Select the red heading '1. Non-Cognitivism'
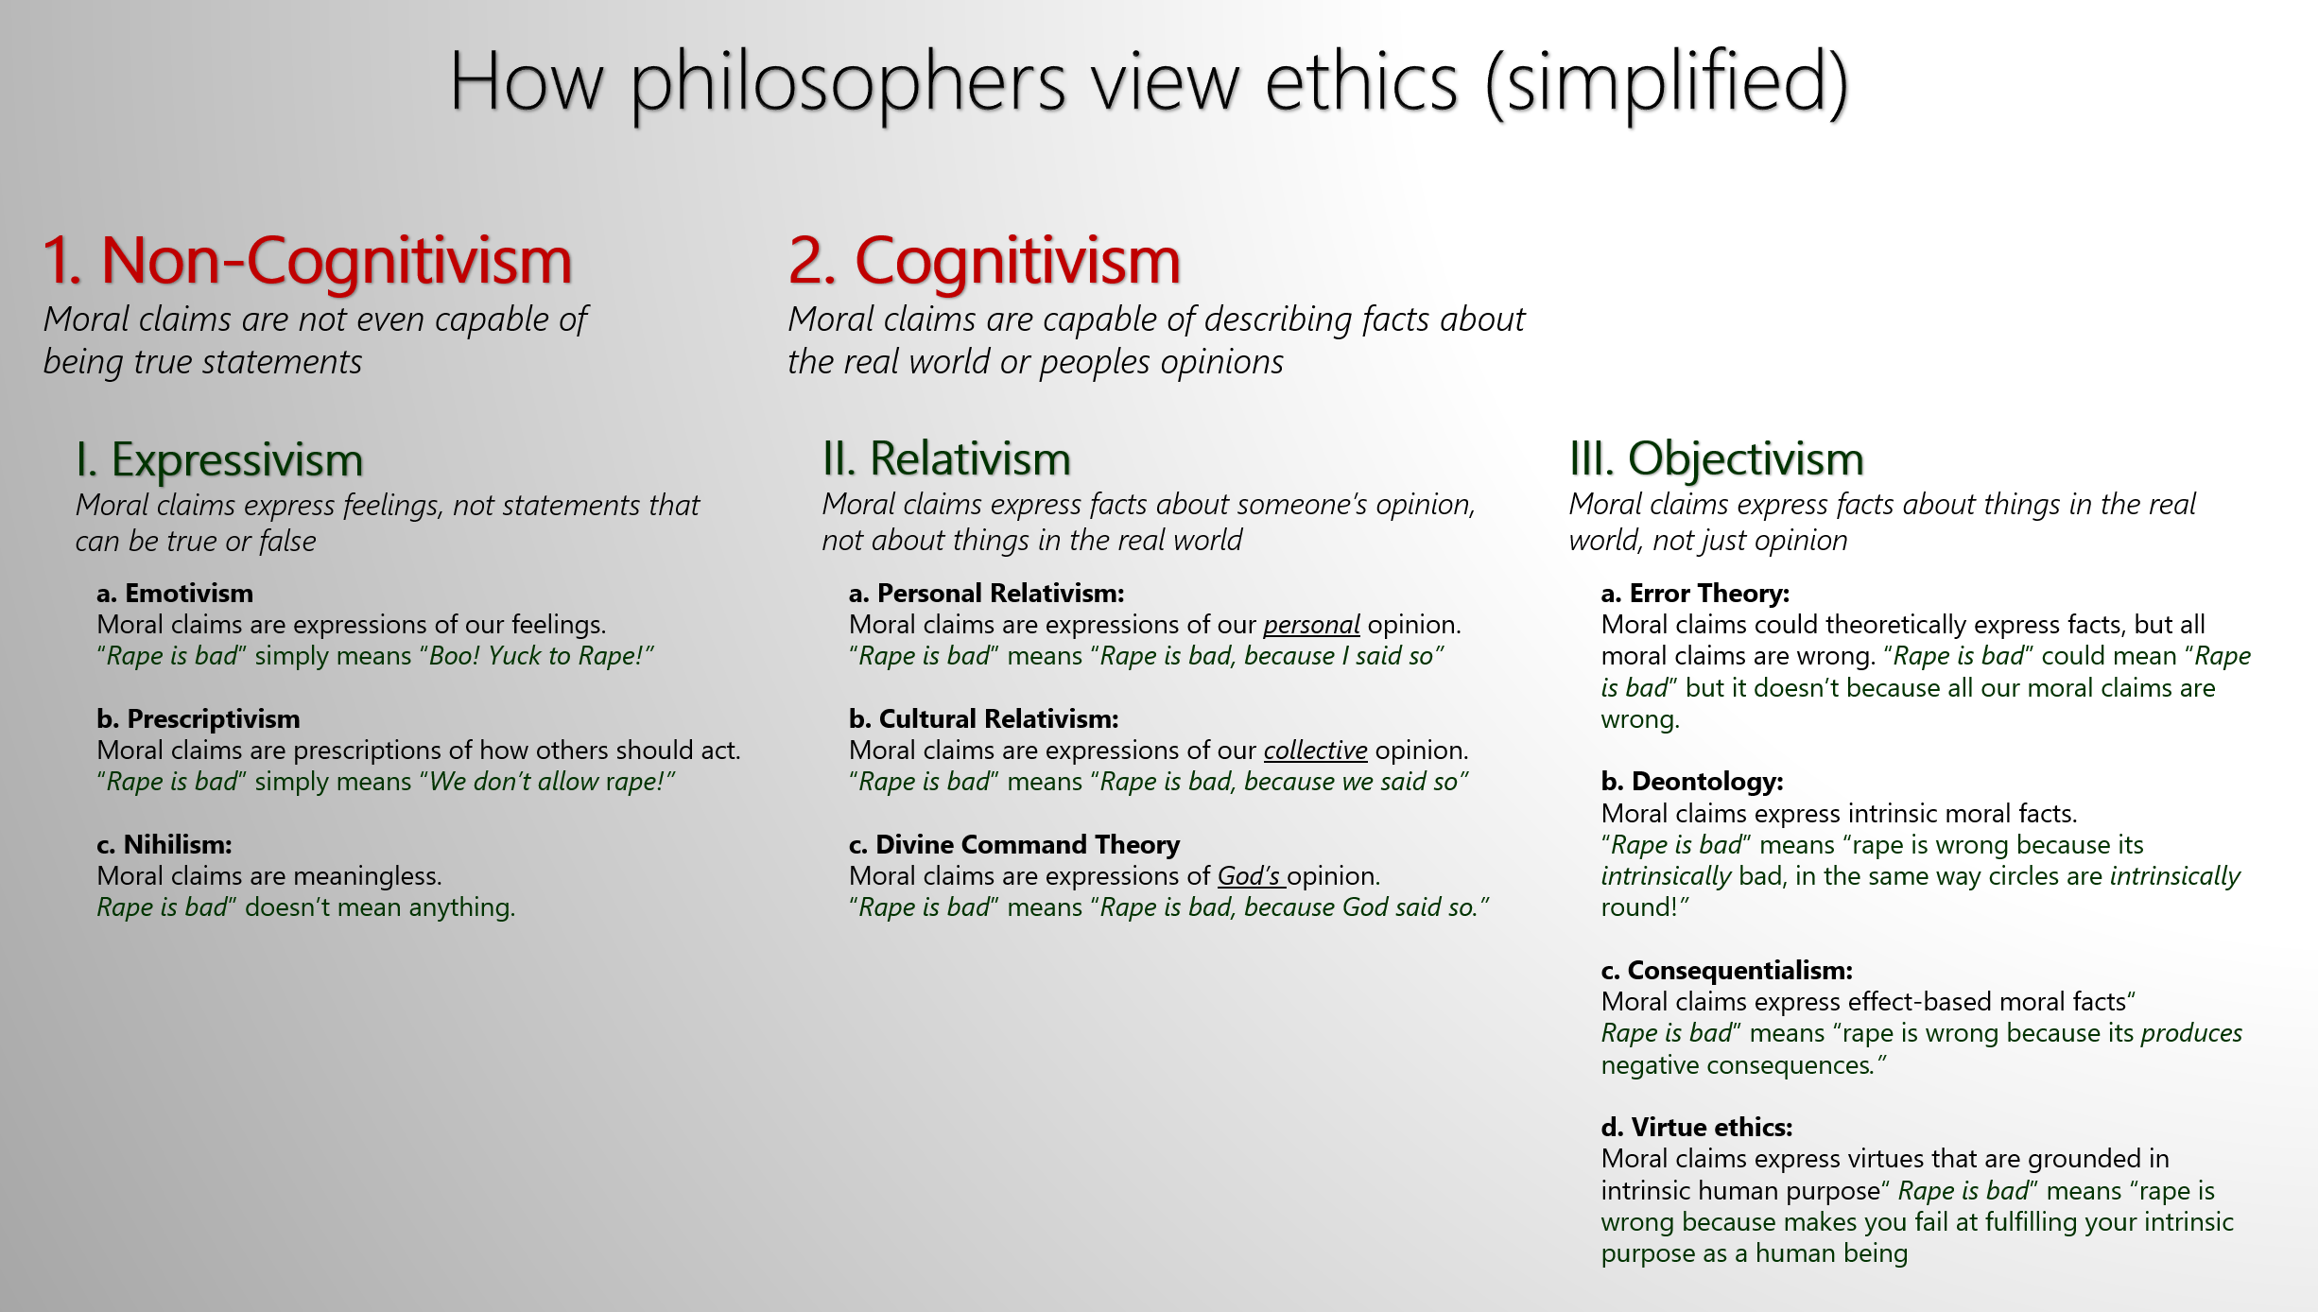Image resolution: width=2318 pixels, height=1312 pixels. [x=308, y=260]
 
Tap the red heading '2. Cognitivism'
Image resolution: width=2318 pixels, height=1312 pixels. [x=984, y=260]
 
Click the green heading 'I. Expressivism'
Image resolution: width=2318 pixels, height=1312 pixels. [x=219, y=460]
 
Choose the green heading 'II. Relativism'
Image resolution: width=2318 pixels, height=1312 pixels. [x=946, y=459]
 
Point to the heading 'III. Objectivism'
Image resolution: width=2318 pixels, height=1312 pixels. [x=1716, y=459]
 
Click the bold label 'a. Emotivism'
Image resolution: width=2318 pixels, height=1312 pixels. [x=175, y=594]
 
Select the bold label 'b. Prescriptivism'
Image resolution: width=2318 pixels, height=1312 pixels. [x=199, y=719]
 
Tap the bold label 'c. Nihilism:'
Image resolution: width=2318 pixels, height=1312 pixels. [x=164, y=845]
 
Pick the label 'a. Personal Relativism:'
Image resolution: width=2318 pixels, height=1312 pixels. [x=987, y=594]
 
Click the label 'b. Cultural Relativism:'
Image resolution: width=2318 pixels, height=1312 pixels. [x=983, y=719]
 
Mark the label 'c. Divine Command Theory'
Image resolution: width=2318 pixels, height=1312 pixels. [x=1014, y=845]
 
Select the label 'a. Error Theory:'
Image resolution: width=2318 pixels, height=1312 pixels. [x=1695, y=594]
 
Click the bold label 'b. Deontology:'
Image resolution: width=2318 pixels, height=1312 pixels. [x=1692, y=782]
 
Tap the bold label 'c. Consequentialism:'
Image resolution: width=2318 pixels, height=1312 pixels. [x=1726, y=971]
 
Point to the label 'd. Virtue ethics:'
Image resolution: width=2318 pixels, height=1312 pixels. [x=1697, y=1128]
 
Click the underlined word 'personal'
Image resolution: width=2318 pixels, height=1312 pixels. [x=1311, y=626]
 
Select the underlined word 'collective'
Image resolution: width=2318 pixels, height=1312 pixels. [x=1315, y=751]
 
